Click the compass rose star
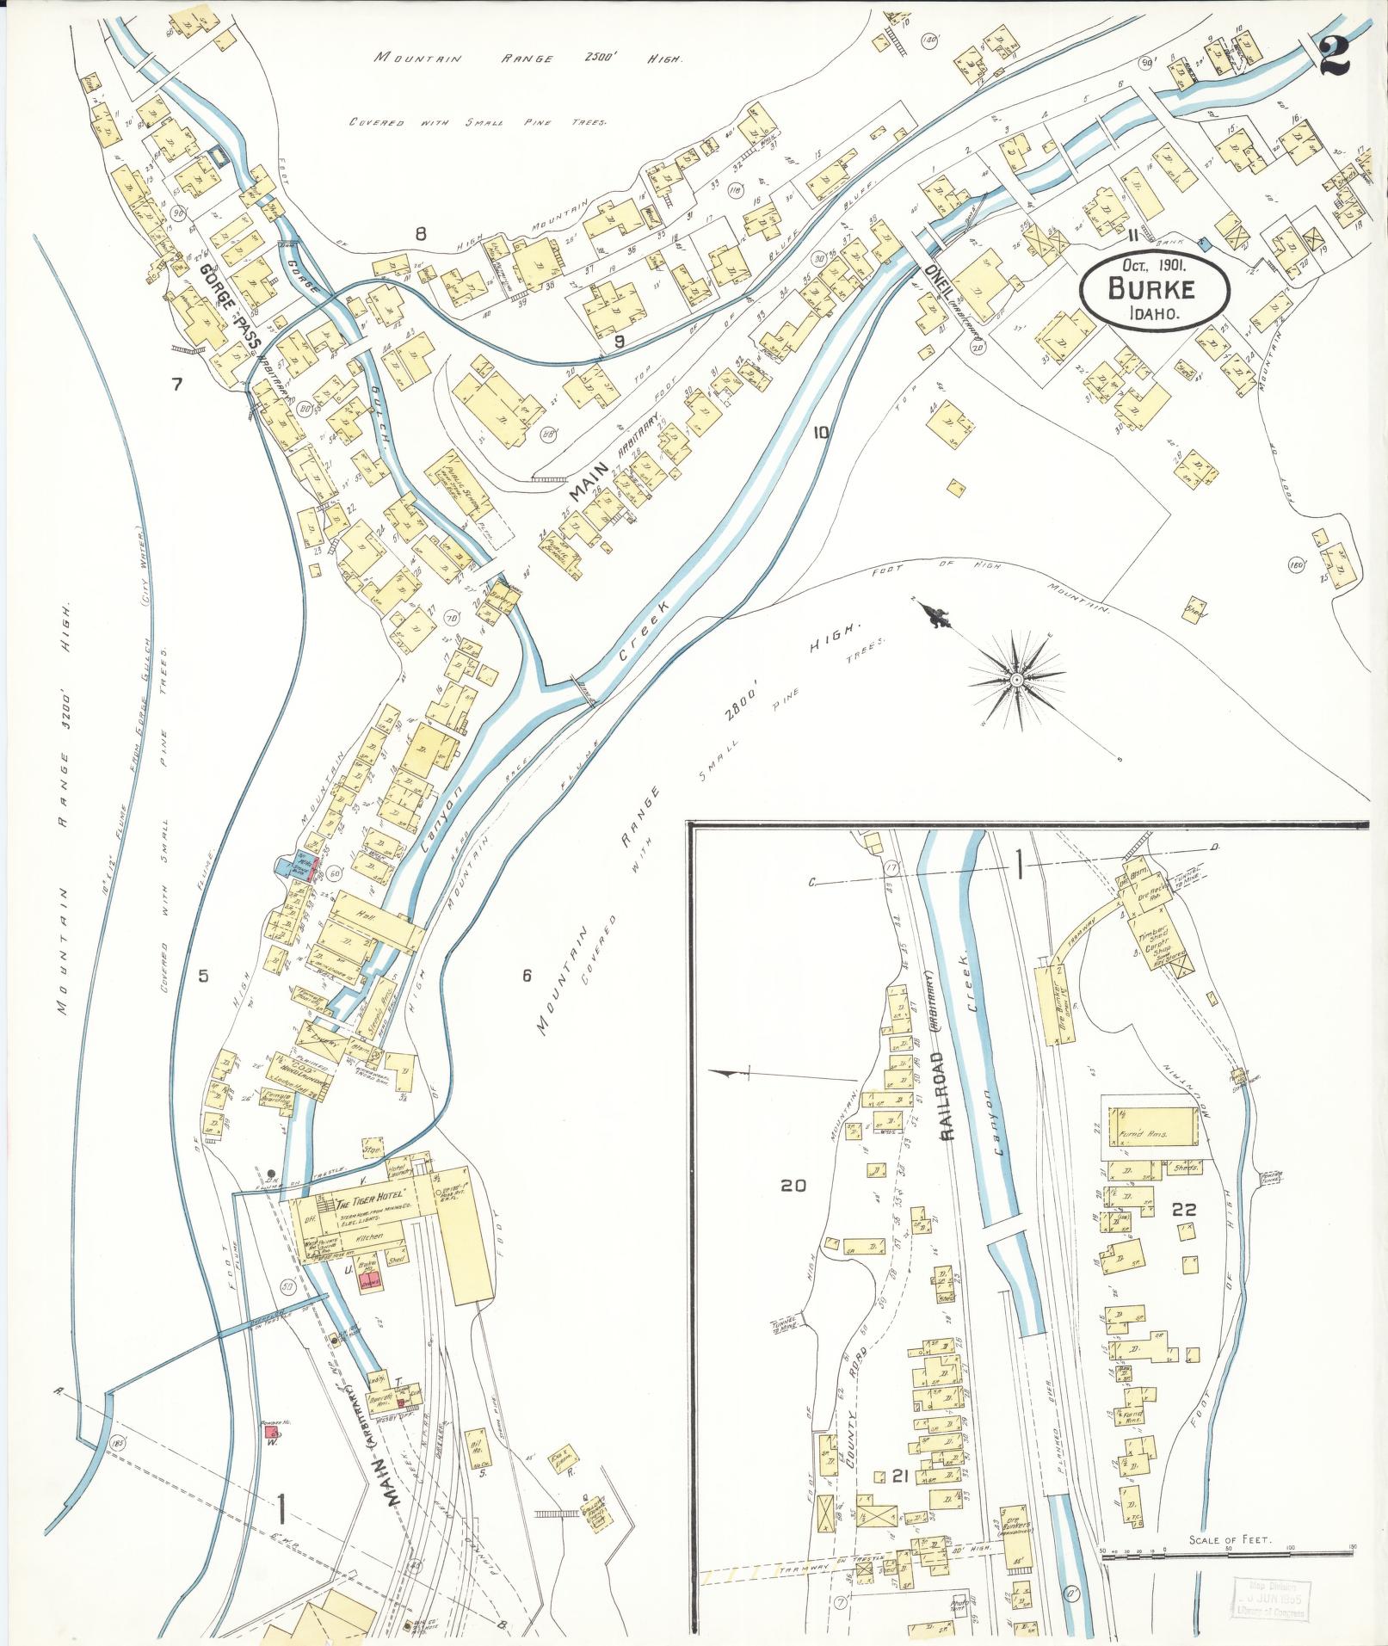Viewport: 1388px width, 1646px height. (x=1015, y=680)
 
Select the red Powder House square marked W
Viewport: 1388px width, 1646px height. (x=273, y=1433)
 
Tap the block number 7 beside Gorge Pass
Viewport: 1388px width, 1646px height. (x=177, y=384)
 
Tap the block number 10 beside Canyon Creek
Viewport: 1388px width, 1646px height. (x=820, y=433)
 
